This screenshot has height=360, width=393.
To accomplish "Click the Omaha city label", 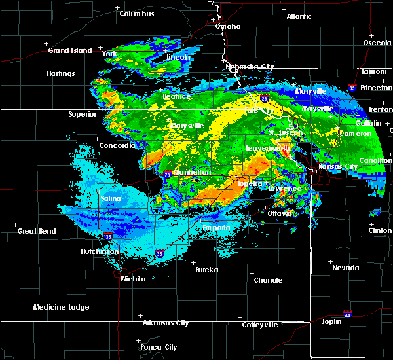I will click(228, 27).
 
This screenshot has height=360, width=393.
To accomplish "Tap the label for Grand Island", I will click(67, 50).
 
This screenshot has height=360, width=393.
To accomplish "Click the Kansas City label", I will click(338, 166).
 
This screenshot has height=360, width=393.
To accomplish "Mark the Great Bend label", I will click(37, 231).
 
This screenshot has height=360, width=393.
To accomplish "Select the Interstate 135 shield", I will click(107, 235).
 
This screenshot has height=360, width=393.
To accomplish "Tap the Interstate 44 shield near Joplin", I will click(348, 314).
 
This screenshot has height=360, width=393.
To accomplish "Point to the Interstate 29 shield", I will click(264, 98).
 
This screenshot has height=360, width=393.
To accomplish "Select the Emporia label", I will click(215, 228).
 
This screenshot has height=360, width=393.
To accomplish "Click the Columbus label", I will click(137, 14).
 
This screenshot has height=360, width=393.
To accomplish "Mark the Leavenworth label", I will click(267, 149).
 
